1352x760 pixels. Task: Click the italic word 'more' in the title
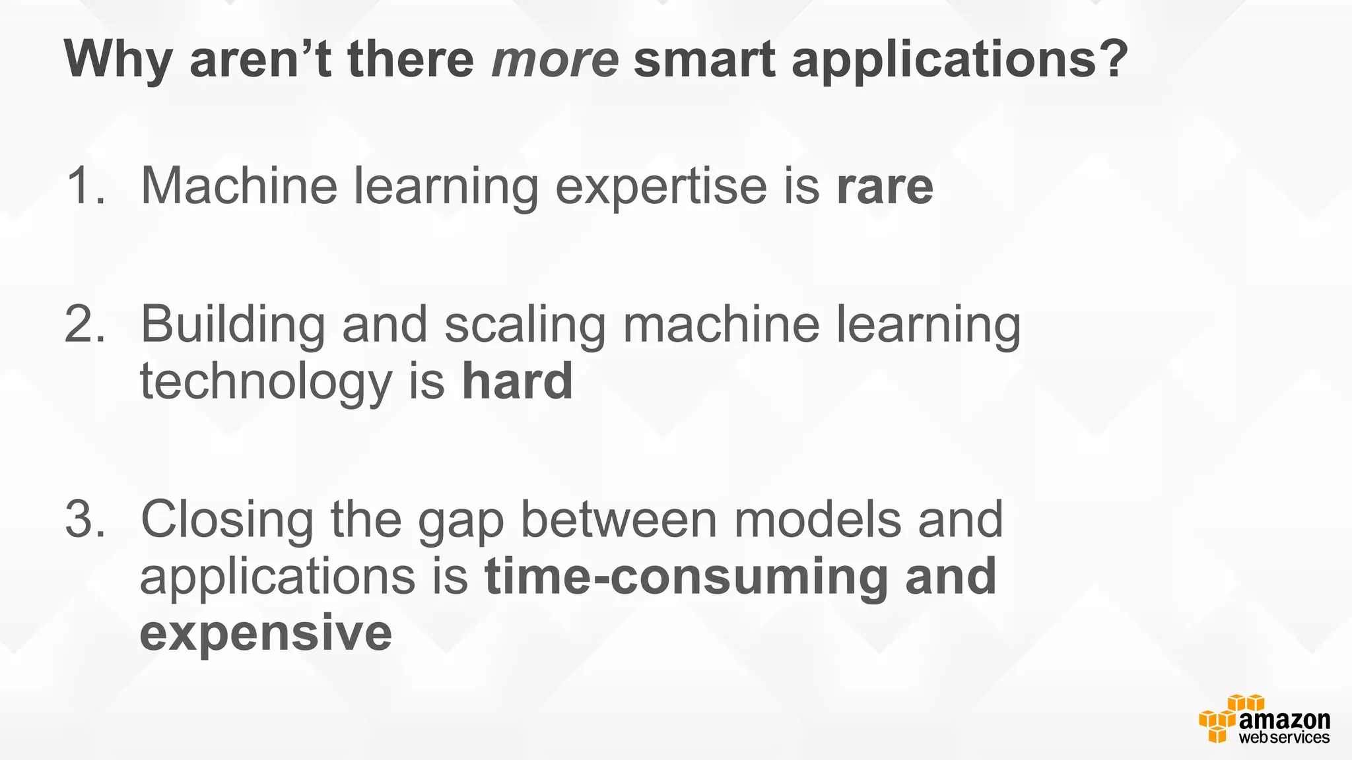(555, 59)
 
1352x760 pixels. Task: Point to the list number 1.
(84, 186)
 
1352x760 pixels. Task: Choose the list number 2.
(84, 325)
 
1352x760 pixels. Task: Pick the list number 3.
(84, 520)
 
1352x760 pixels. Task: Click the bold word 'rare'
(885, 187)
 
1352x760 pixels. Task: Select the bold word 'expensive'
(266, 633)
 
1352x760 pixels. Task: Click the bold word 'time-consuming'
(687, 577)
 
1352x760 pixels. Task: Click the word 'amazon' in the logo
(1284, 720)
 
